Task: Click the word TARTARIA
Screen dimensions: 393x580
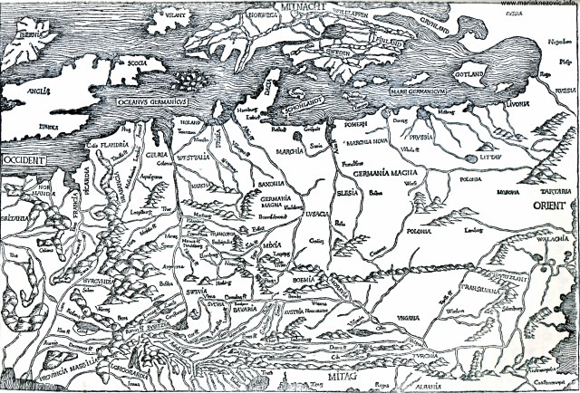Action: click(x=555, y=191)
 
